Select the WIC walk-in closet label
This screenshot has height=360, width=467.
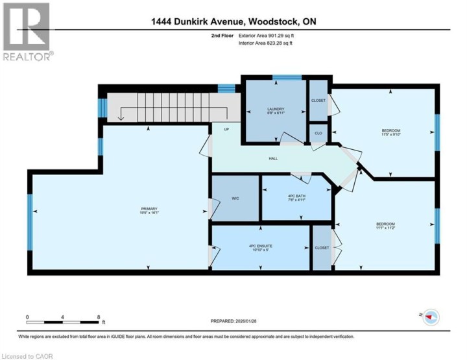point(235,198)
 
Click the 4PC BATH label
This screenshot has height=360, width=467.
point(296,198)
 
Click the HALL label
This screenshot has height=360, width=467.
point(274,157)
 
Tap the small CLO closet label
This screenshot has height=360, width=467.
point(318,133)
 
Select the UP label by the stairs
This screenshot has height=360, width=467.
point(226,129)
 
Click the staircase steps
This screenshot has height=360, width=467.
point(165,106)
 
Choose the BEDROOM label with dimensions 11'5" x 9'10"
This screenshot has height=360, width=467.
point(391,133)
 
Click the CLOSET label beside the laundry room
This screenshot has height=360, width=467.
point(318,101)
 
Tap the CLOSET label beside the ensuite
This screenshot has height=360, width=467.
point(322,247)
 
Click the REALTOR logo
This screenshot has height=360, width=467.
point(27,32)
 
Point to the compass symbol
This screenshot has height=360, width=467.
point(430,317)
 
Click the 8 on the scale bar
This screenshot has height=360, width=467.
point(98,317)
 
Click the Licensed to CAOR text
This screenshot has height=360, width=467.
point(28,355)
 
